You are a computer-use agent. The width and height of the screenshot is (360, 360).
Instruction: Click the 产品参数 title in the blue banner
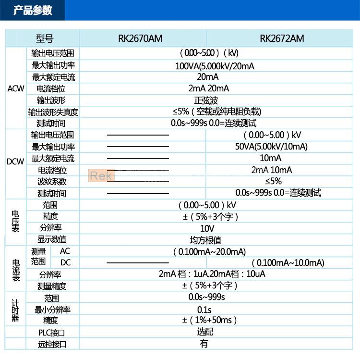33,11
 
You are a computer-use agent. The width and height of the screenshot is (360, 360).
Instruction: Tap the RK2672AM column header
282,38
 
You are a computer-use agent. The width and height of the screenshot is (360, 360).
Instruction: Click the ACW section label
15,88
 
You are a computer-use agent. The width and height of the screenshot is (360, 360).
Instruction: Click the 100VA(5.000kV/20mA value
208,65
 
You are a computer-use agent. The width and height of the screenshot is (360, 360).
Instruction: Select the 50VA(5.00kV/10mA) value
271,146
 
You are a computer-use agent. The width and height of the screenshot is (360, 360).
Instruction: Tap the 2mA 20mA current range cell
208,88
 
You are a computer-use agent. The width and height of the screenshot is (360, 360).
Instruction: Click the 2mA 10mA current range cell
272,170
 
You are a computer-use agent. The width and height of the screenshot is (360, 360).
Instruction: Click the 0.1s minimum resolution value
204,309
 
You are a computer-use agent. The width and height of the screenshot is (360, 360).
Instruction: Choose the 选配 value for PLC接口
205,332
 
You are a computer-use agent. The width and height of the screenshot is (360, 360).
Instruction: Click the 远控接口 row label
51,344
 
